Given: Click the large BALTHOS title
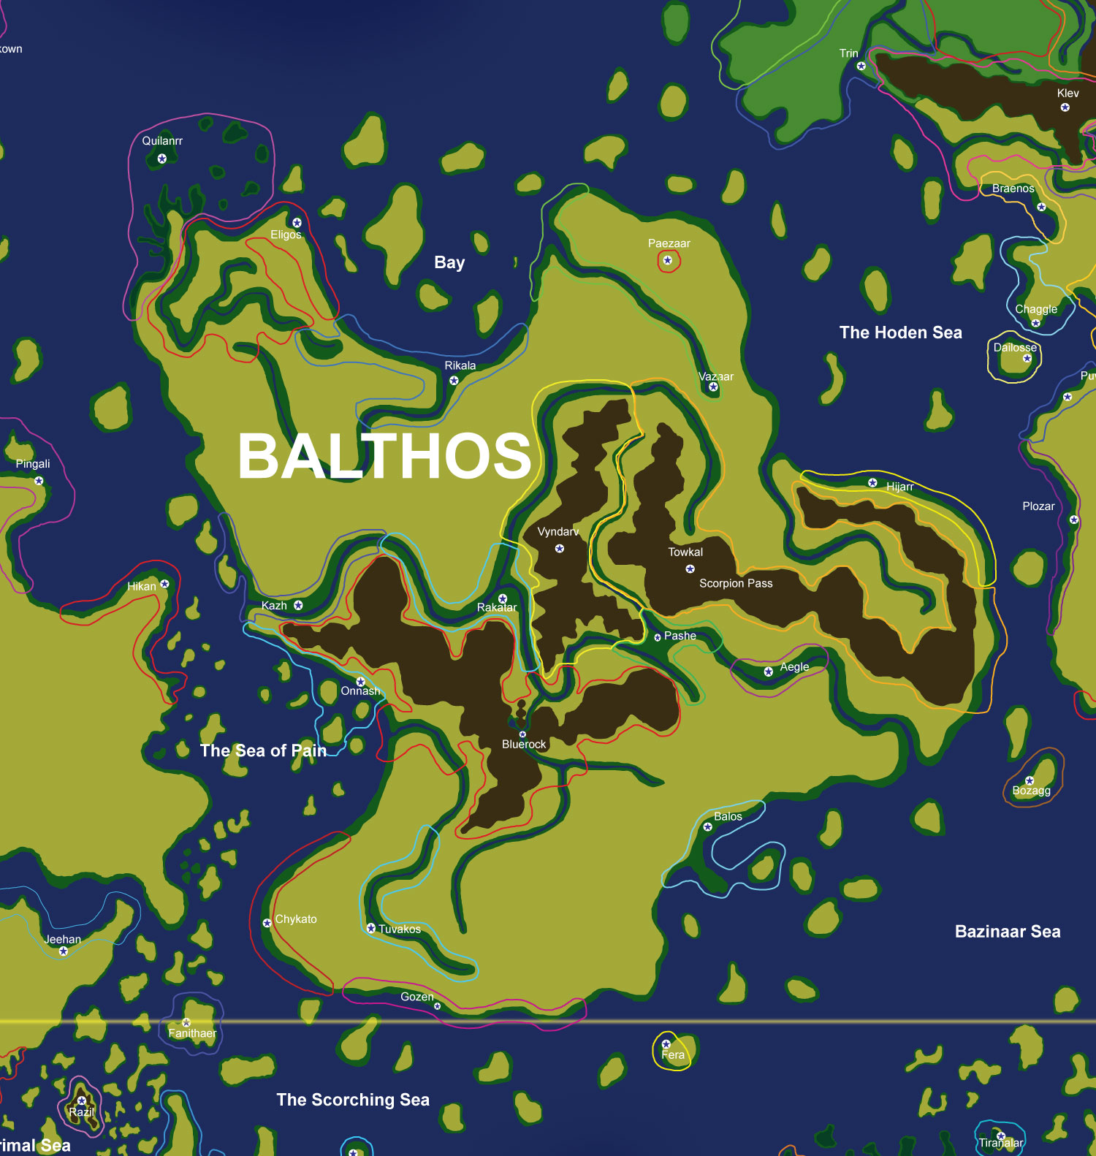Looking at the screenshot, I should point(384,455).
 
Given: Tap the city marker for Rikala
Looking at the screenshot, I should point(454,380).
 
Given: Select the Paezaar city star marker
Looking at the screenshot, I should point(667,260).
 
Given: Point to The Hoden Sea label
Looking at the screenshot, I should point(900,332).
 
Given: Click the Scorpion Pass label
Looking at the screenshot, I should point(735,583).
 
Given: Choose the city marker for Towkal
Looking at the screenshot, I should point(690,569).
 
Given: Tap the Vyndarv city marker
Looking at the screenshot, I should point(559,548).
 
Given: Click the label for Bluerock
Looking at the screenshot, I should point(523,744).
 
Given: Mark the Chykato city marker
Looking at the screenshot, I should point(267,923).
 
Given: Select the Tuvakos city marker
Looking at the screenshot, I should point(370,928).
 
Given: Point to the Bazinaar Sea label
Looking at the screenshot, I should point(1007,931).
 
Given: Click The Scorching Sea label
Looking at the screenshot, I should point(353,1099).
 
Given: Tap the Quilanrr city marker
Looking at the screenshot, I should point(161,158).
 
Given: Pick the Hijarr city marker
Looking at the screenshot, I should point(872,482).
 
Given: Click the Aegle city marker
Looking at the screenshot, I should point(768,672).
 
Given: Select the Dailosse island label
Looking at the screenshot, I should point(1015,347).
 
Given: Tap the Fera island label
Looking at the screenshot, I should point(673,1054).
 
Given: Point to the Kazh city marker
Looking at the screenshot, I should point(298,605).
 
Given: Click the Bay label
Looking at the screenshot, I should point(449,262).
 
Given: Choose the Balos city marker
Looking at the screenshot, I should point(707,827).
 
